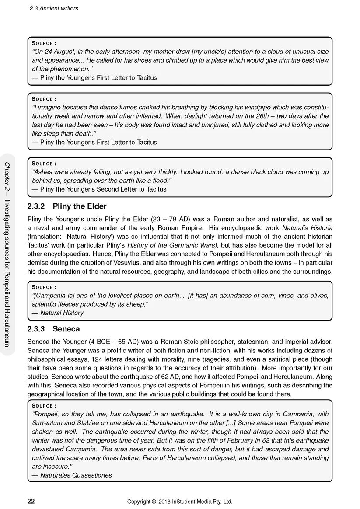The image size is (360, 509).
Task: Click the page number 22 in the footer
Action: [31, 501]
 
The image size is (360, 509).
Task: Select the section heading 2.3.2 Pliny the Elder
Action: [67, 206]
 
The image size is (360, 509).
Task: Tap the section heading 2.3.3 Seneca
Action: [53, 329]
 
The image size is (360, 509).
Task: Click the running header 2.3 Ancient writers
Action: [54, 8]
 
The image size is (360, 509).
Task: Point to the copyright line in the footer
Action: [180, 502]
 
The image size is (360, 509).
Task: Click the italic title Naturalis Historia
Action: [307, 228]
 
